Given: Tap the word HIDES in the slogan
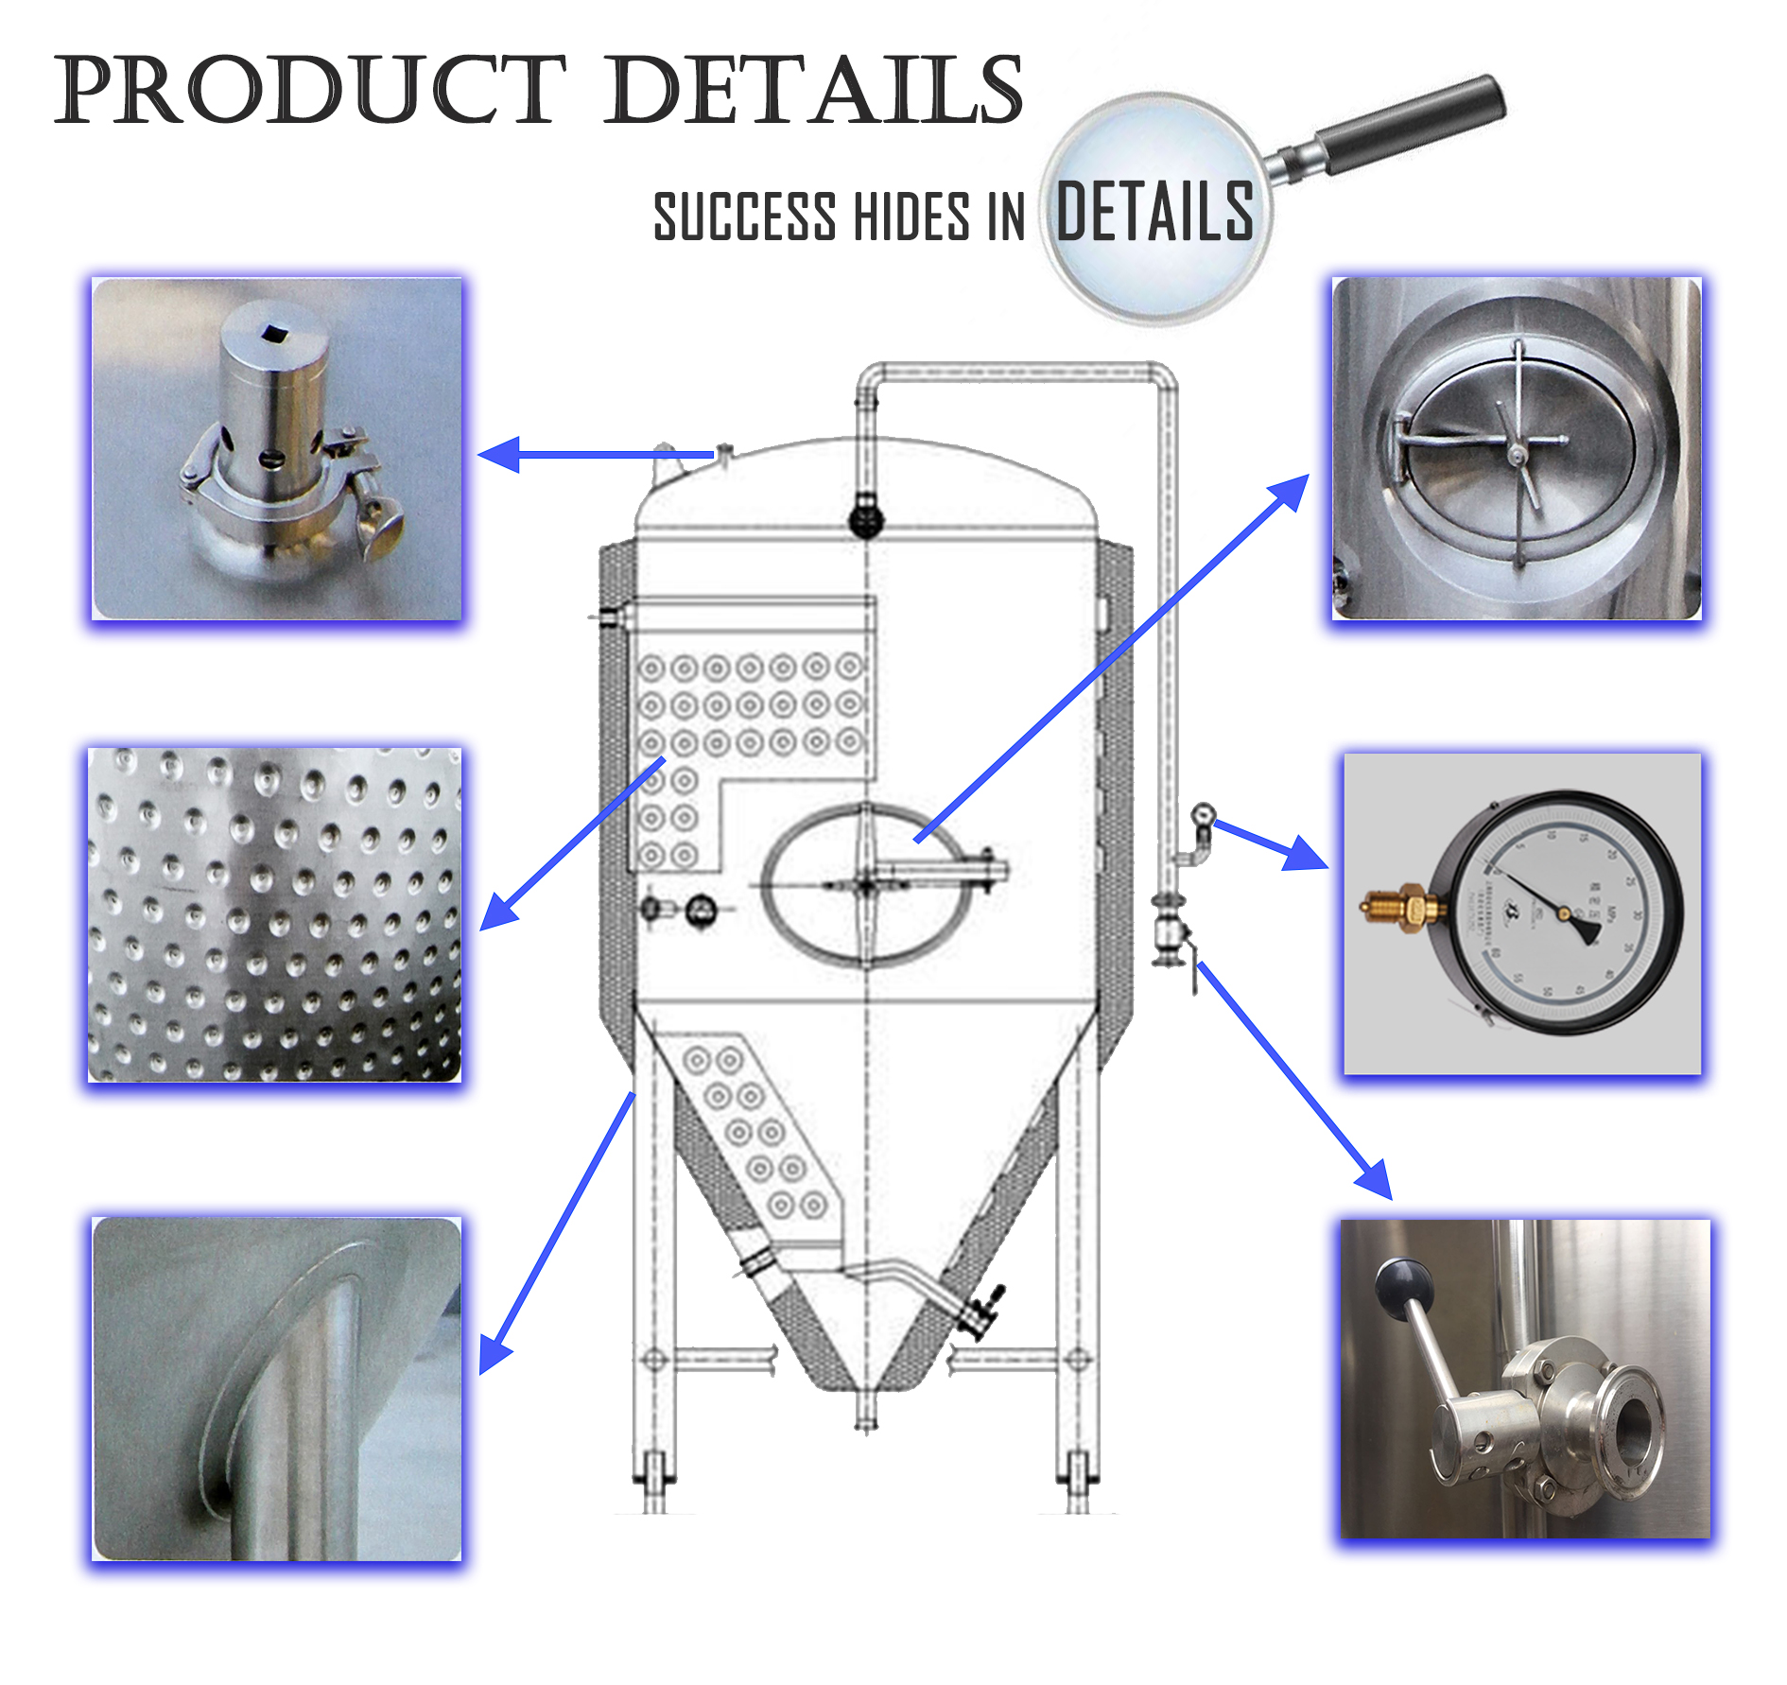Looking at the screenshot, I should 911,217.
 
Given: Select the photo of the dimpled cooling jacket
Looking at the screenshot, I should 274,914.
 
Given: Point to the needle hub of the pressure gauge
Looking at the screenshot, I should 1564,913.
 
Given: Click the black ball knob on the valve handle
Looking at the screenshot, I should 1404,1286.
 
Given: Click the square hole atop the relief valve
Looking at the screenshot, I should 274,331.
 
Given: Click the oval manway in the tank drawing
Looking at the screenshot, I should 866,884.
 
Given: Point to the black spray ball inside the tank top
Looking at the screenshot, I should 865,519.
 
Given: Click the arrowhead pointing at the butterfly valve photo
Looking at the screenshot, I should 1376,1182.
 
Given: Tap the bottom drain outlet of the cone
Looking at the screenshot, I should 865,1414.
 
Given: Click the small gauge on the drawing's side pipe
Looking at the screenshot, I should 1203,815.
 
